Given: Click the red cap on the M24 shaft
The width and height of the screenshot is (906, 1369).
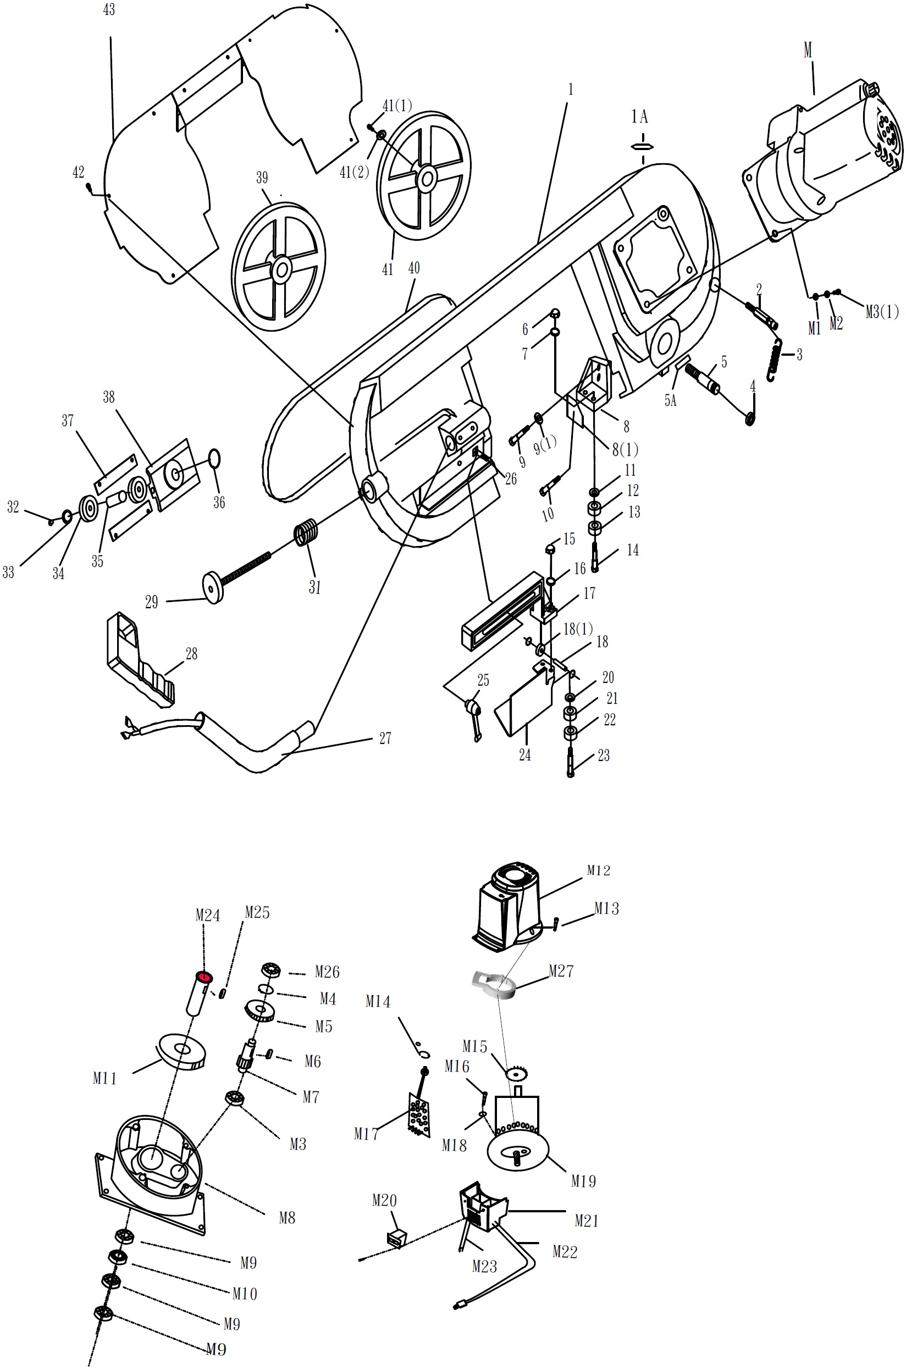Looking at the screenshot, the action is pos(205,977).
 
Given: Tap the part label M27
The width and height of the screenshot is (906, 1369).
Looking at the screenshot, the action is pos(561,971).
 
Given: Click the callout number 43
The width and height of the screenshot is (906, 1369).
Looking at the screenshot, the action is pos(109,10).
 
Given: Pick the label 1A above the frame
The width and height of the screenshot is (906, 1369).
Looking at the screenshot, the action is pos(639,117).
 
